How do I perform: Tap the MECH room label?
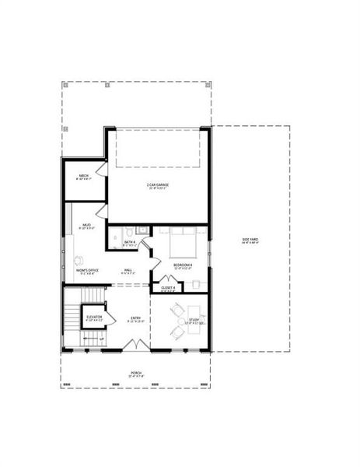tap(84, 176)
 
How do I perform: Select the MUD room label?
tap(87, 225)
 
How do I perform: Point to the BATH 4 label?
tap(130, 242)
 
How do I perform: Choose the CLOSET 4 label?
tap(168, 287)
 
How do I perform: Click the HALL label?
tap(128, 270)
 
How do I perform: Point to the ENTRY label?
tap(135, 318)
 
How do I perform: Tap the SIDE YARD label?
tap(250, 240)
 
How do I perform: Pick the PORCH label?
tap(136, 373)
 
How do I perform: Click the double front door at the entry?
tap(136, 343)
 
